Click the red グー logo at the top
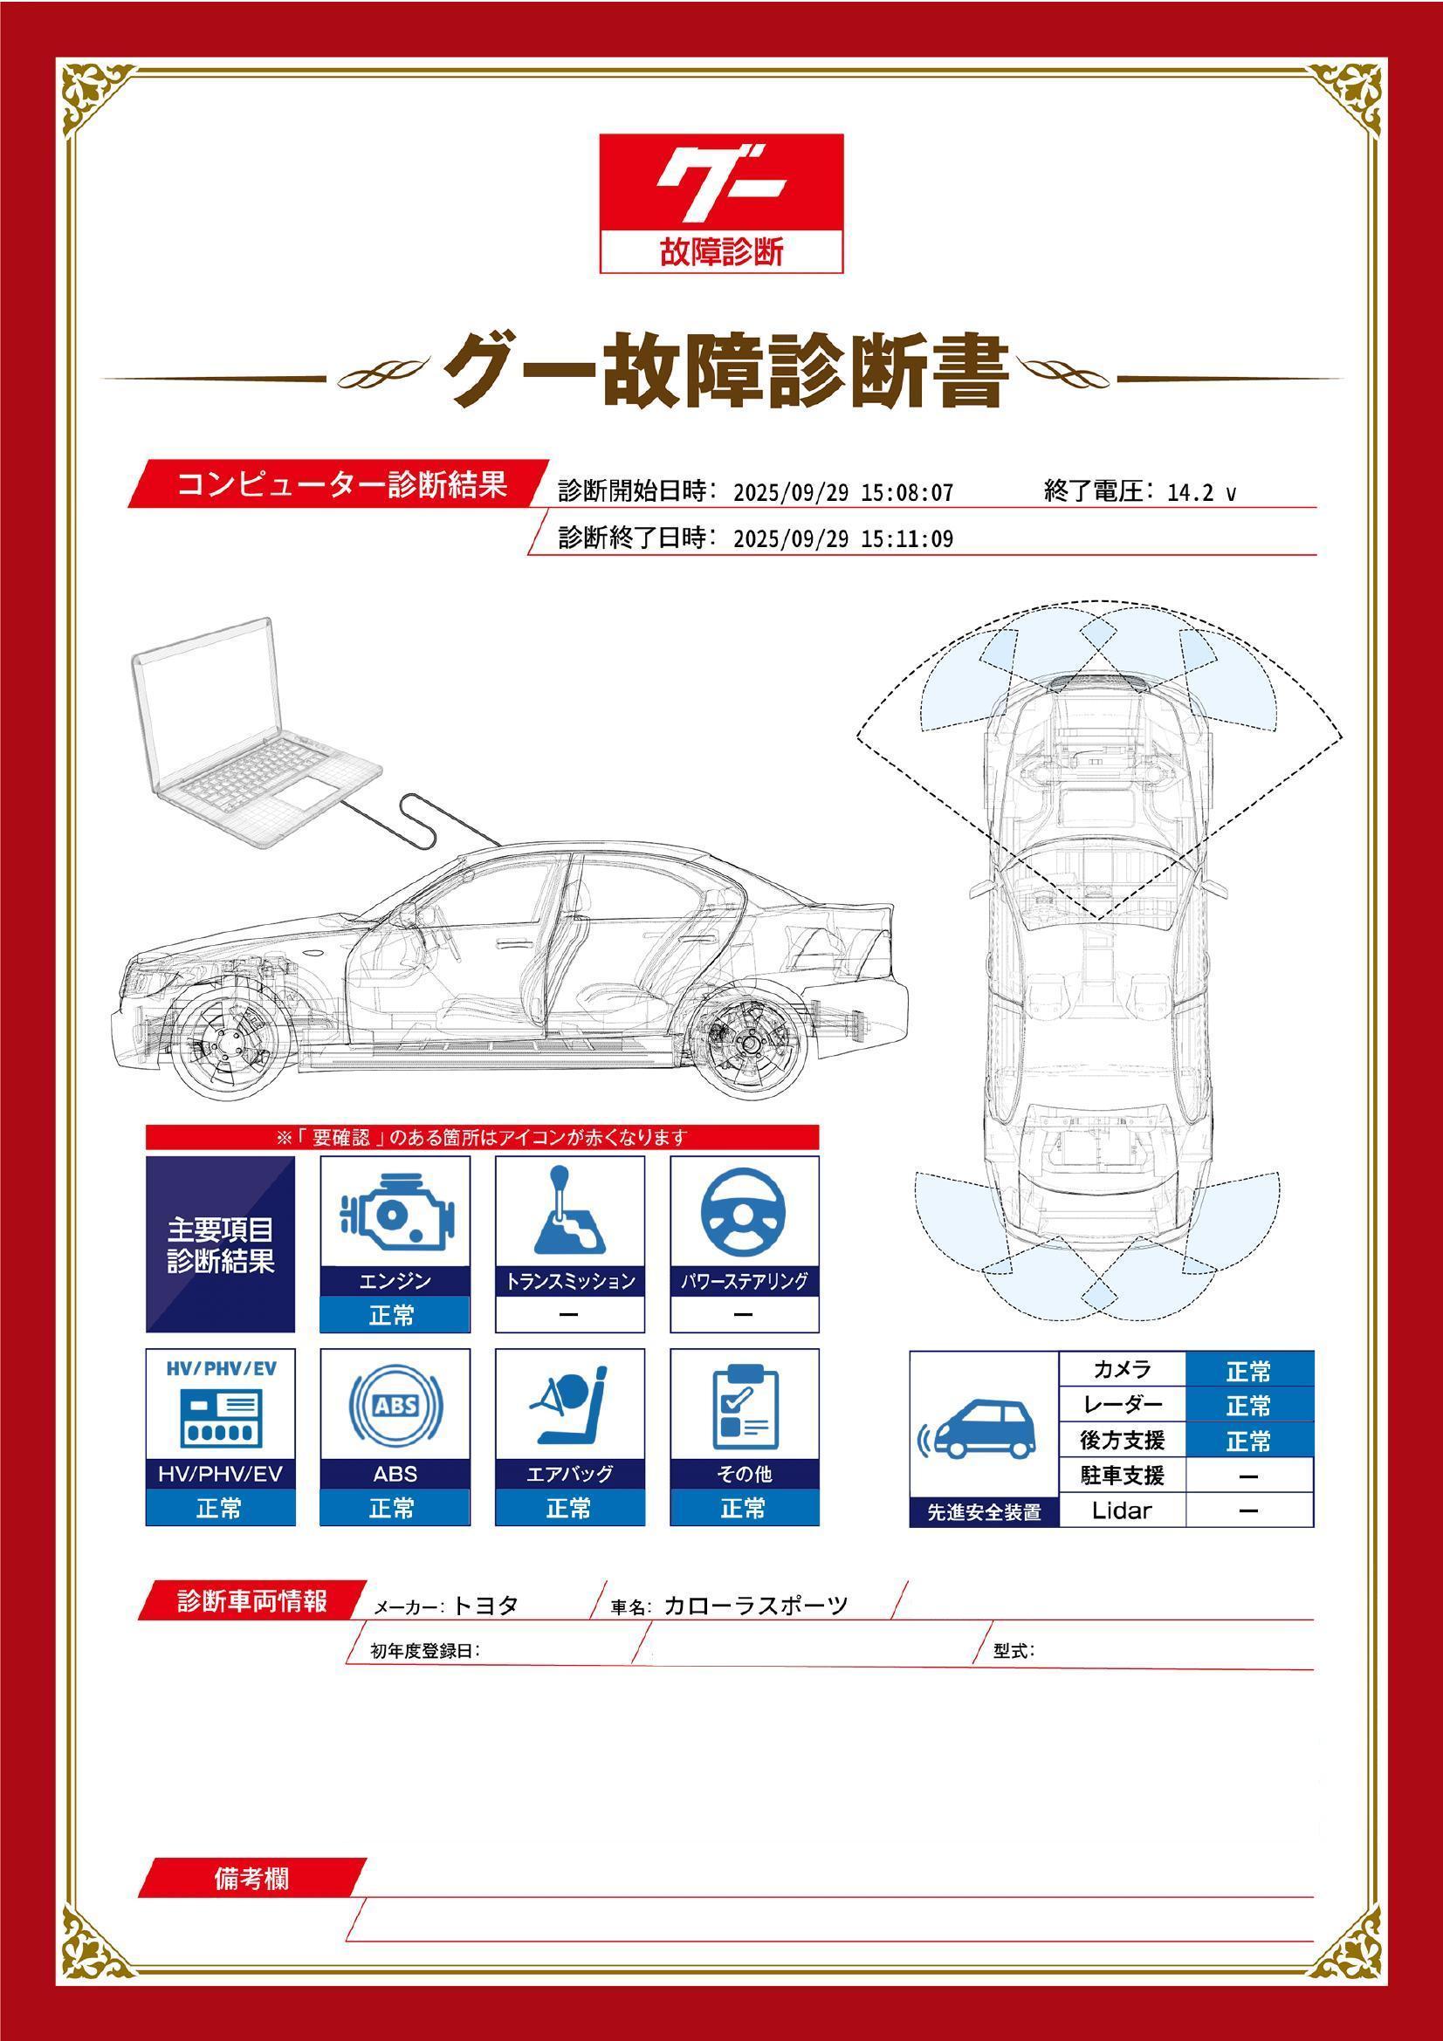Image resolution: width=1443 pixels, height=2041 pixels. pos(721,202)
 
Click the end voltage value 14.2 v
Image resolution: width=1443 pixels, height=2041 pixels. pos(1201,493)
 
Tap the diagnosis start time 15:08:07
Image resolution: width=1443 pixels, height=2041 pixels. pos(907,493)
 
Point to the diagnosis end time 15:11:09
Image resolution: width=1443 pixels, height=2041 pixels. pos(907,539)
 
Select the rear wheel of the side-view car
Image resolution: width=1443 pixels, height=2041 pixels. pos(750,1043)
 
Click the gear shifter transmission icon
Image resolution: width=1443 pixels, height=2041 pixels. pos(569,1211)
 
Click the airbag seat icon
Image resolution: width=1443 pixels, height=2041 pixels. pos(569,1407)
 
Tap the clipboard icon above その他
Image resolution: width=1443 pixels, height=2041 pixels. pos(745,1408)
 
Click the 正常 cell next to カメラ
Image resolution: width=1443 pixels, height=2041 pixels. pos(1249,1371)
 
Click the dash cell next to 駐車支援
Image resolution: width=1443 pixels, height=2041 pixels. pos(1249,1476)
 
